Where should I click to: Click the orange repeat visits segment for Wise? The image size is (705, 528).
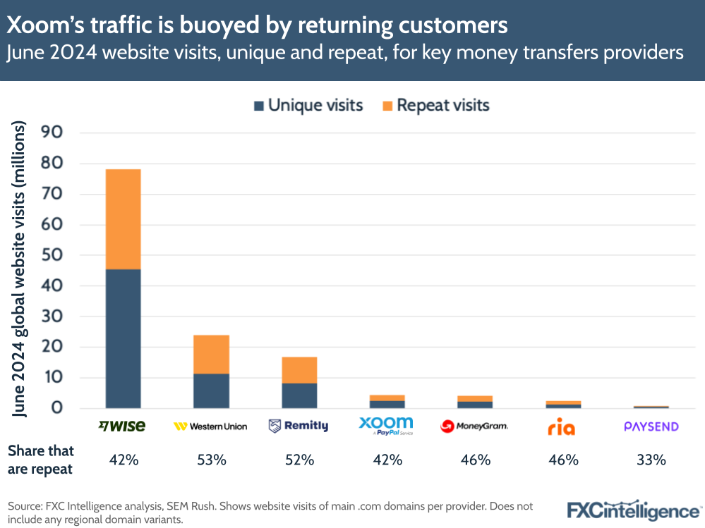tap(123, 219)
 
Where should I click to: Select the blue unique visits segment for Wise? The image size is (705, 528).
tap(123, 338)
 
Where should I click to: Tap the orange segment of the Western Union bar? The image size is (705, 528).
tap(211, 354)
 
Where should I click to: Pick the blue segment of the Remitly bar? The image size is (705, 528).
tap(299, 395)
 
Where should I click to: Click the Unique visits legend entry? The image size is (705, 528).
tap(308, 106)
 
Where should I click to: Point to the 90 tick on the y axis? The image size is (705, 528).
tap(54, 133)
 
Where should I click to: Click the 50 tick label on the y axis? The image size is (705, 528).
tap(54, 255)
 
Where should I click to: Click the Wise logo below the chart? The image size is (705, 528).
tap(122, 426)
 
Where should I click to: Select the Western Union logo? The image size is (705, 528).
tap(210, 426)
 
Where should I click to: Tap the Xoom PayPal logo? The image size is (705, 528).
tap(386, 426)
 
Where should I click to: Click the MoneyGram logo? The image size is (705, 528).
tap(474, 426)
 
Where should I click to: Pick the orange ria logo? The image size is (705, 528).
tap(562, 427)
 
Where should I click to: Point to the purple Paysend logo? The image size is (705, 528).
tap(651, 426)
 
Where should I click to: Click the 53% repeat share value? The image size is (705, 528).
tap(211, 460)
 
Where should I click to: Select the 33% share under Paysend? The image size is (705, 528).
tap(651, 460)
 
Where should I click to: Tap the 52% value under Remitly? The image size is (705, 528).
tap(299, 460)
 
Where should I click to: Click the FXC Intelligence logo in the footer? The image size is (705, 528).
tap(634, 510)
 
